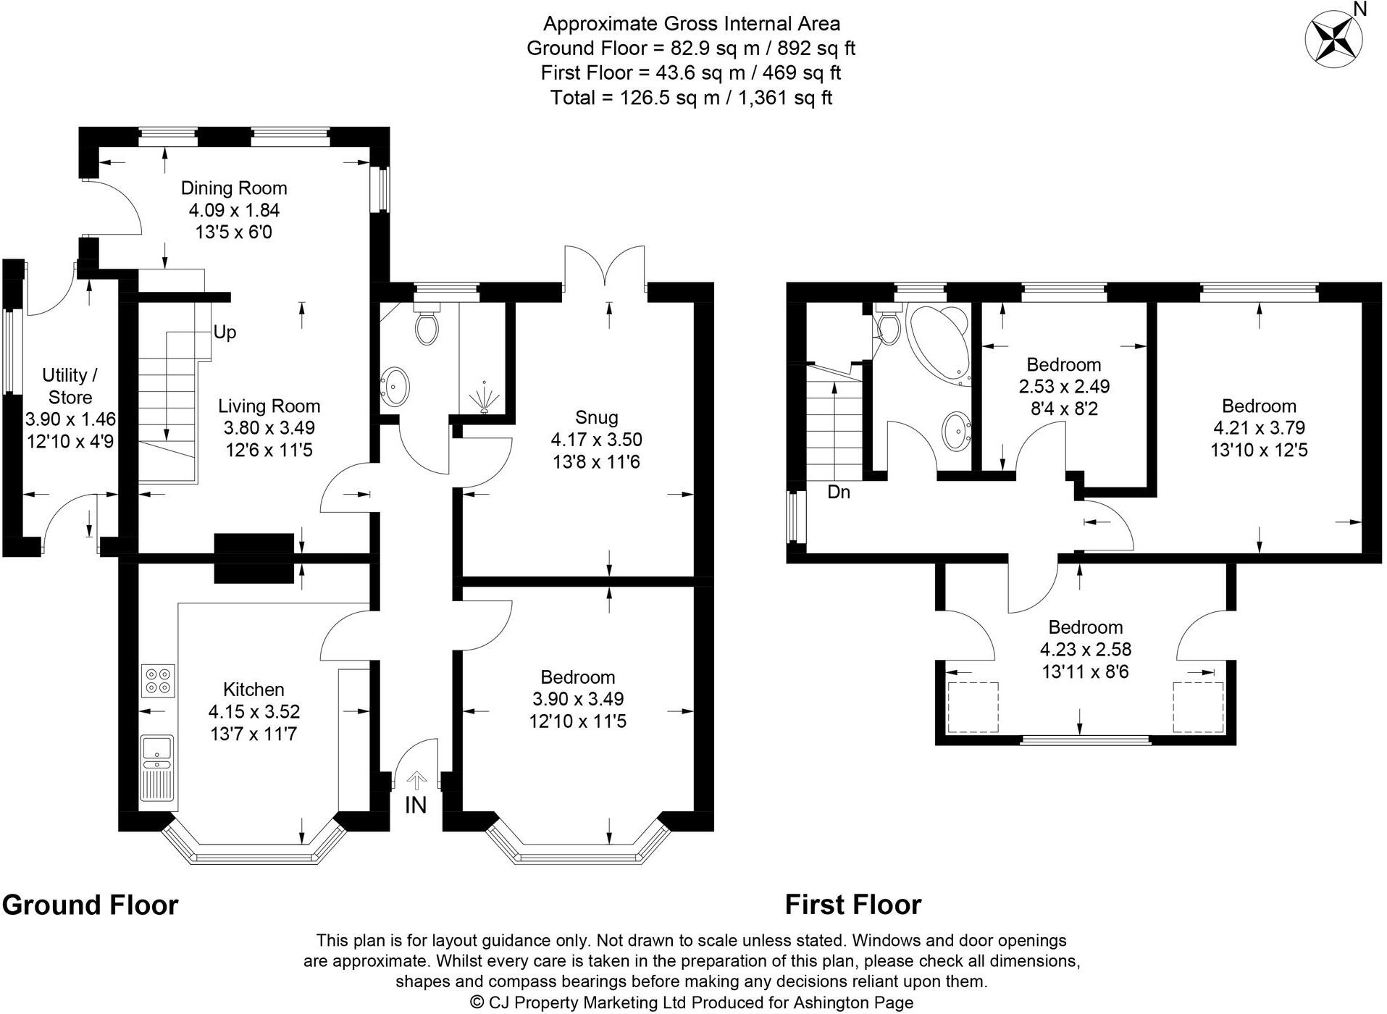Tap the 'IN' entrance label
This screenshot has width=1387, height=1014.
[416, 805]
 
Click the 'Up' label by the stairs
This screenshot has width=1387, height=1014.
[225, 332]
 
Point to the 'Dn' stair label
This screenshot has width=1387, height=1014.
[839, 492]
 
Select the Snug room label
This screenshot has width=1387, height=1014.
[597, 417]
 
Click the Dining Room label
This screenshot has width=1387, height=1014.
[234, 188]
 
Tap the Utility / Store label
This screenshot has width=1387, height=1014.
[70, 386]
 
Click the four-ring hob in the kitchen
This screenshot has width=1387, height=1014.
[159, 680]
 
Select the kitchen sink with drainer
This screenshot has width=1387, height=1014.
[157, 768]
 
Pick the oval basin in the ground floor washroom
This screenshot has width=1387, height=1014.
[395, 386]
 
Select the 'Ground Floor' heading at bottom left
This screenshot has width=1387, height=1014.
[90, 905]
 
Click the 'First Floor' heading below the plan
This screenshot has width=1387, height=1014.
[853, 905]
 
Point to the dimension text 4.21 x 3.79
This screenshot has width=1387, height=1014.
[1259, 428]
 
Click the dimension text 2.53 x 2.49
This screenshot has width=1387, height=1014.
[1064, 387]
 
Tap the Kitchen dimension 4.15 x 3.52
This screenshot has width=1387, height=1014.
[253, 712]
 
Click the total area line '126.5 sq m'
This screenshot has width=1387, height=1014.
[691, 97]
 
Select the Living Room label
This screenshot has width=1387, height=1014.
[269, 406]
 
